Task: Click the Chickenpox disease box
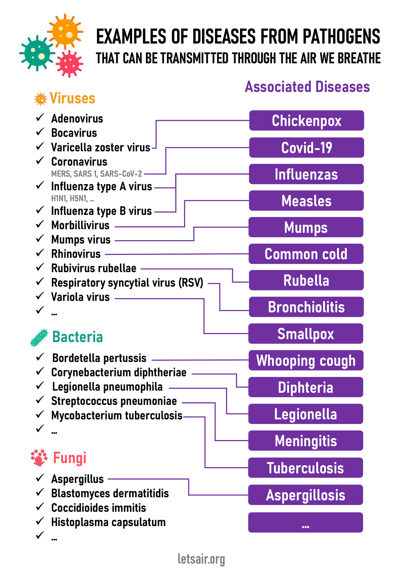(x=306, y=120)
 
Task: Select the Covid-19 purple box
(x=306, y=148)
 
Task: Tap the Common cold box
(x=306, y=254)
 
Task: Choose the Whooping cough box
(x=306, y=360)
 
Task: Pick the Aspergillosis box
(x=306, y=495)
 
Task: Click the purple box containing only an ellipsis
(x=306, y=523)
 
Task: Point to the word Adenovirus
(x=77, y=118)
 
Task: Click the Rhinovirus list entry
(x=76, y=254)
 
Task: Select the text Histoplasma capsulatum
(x=108, y=522)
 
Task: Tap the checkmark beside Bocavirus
(x=40, y=132)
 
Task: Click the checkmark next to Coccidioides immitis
(x=40, y=507)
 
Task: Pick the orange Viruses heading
(x=72, y=98)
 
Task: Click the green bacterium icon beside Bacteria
(x=39, y=337)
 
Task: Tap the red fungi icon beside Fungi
(x=39, y=458)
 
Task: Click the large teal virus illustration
(x=37, y=53)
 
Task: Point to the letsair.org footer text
(x=201, y=559)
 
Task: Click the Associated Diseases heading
(x=307, y=87)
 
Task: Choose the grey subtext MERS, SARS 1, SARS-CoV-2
(x=97, y=174)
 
